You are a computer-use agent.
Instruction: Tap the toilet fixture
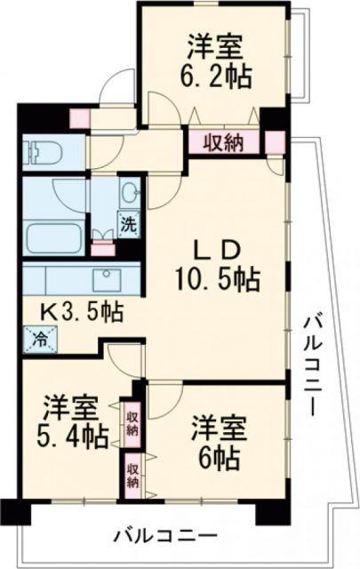[42, 151]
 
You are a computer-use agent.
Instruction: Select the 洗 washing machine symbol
[128, 224]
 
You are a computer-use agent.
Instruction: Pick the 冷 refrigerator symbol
[40, 338]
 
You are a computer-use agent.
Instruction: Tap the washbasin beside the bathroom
[129, 192]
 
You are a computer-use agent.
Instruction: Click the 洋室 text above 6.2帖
[216, 43]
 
